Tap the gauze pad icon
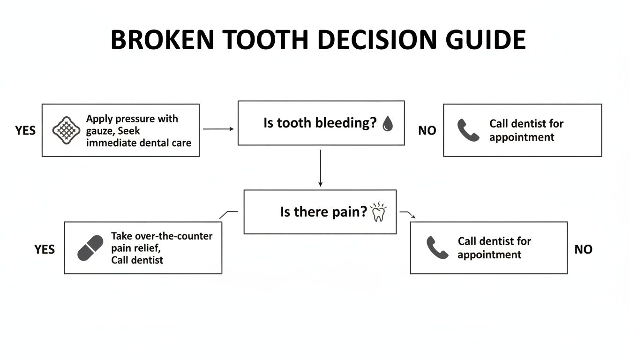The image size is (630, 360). (x=66, y=130)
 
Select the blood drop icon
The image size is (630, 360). (x=388, y=123)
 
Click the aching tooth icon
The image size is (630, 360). (x=378, y=212)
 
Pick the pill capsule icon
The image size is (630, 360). (x=90, y=248)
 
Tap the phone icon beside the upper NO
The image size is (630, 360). (x=468, y=130)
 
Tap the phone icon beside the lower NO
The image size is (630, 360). (x=437, y=247)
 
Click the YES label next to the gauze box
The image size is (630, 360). (x=25, y=130)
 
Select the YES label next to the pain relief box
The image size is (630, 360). (x=45, y=249)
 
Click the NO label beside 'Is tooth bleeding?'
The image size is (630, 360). (x=427, y=131)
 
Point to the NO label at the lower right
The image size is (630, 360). (x=583, y=249)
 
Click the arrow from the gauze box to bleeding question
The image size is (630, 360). (x=218, y=128)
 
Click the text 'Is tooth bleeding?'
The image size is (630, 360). (x=320, y=123)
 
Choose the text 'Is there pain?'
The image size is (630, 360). (x=323, y=212)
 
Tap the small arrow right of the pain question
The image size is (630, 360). (x=408, y=214)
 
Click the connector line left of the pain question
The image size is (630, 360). (x=229, y=213)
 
